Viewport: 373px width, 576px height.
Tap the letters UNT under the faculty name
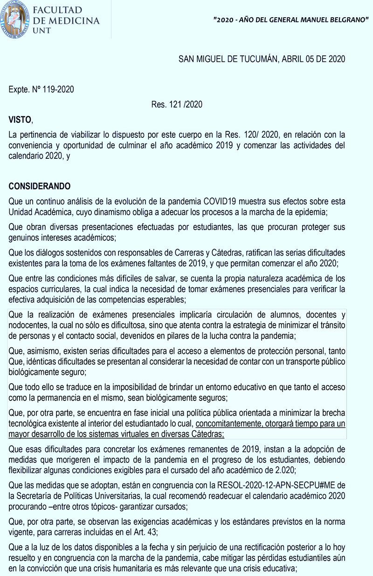43,30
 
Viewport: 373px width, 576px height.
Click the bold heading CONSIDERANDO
40,186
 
